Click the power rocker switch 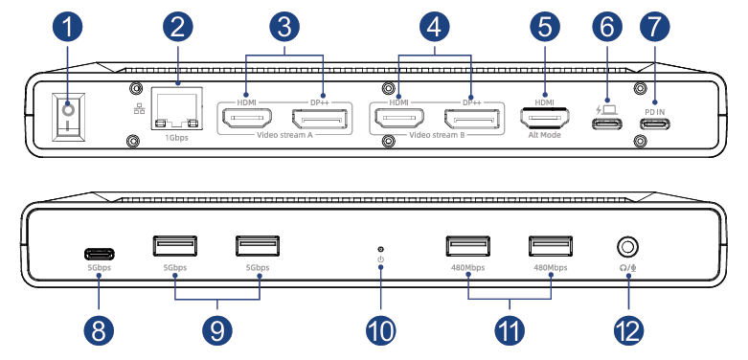68,118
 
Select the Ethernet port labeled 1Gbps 176,108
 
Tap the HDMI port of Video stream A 247,119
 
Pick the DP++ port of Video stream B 472,119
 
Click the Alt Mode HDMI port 544,119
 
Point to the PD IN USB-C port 654,124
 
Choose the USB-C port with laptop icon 607,124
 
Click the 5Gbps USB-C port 100,253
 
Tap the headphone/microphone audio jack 627,247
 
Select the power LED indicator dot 380,249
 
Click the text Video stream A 284,135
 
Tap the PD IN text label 654,112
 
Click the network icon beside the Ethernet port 140,109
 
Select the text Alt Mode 544,135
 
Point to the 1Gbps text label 176,138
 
